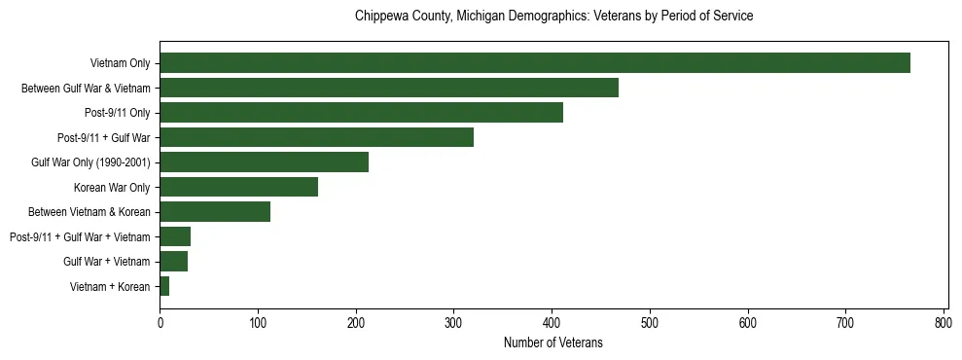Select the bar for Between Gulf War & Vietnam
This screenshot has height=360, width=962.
click(389, 89)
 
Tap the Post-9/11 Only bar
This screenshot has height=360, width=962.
click(361, 113)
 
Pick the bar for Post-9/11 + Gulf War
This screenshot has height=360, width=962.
click(316, 138)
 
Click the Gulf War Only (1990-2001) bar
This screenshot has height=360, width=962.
click(264, 162)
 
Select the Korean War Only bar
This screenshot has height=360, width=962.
click(238, 188)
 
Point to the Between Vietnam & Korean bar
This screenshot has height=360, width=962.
click(215, 212)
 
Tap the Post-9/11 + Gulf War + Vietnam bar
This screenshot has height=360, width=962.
click(175, 237)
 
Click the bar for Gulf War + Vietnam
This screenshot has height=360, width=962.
click(173, 262)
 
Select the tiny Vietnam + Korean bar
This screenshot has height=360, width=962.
click(164, 287)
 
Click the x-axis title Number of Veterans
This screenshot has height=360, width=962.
click(552, 342)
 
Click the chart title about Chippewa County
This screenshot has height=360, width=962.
click(553, 17)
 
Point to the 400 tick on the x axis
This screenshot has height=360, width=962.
click(552, 321)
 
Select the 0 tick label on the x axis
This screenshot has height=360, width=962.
click(160, 321)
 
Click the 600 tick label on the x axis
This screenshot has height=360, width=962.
click(748, 321)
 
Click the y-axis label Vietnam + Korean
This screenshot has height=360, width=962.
click(110, 287)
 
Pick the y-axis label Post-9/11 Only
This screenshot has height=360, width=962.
click(117, 114)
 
